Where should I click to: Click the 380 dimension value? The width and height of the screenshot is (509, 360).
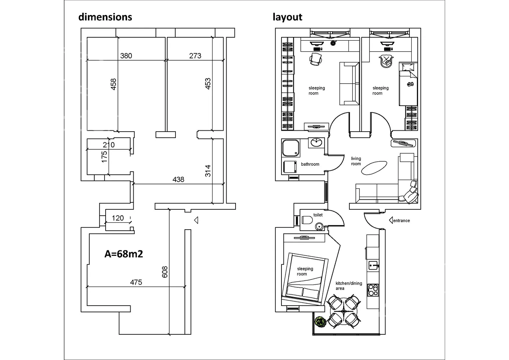pyautogui.click(x=126, y=56)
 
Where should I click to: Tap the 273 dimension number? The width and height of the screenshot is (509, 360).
pyautogui.click(x=195, y=56)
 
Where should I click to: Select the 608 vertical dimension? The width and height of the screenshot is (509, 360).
pyautogui.click(x=165, y=272)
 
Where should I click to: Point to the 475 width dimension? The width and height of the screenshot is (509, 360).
pyautogui.click(x=136, y=282)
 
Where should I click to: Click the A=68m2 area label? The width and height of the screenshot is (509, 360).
pyautogui.click(x=124, y=254)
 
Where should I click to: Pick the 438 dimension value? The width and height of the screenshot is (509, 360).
pyautogui.click(x=178, y=180)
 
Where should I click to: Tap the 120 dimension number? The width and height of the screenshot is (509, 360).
pyautogui.click(x=118, y=218)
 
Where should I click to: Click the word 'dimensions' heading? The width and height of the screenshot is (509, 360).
pyautogui.click(x=105, y=17)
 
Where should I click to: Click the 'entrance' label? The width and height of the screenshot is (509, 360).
pyautogui.click(x=401, y=221)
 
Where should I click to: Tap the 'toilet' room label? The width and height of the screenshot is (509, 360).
pyautogui.click(x=318, y=215)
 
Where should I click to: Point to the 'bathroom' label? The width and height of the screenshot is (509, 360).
pyautogui.click(x=310, y=164)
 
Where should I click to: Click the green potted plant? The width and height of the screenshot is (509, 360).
pyautogui.click(x=320, y=322)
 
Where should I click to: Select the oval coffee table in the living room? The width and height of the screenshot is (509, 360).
pyautogui.click(x=374, y=168)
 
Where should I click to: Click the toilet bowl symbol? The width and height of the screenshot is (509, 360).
pyautogui.click(x=307, y=220)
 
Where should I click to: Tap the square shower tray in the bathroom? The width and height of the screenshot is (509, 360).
pyautogui.click(x=290, y=148)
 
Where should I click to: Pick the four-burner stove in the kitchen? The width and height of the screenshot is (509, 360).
pyautogui.click(x=373, y=290)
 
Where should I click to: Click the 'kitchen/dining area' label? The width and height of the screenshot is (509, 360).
pyautogui.click(x=349, y=286)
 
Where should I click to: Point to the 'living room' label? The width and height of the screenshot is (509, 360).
pyautogui.click(x=356, y=161)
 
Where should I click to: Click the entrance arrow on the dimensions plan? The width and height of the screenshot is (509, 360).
pyautogui.click(x=196, y=220)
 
